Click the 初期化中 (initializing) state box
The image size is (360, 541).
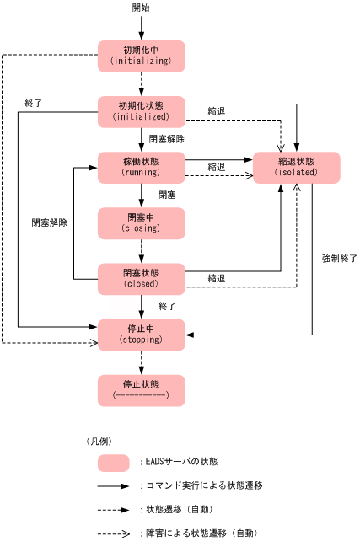pyautogui.click(x=141, y=56)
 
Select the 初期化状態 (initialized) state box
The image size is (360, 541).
pyautogui.click(x=141, y=111)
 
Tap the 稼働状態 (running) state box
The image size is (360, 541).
pyautogui.click(x=141, y=167)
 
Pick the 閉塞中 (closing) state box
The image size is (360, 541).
pyautogui.click(x=141, y=222)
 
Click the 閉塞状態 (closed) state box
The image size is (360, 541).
pyautogui.click(x=141, y=279)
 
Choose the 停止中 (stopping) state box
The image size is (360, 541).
pyautogui.click(x=141, y=335)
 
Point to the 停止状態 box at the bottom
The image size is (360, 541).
pyautogui.click(x=141, y=390)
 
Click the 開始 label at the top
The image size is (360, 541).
pyautogui.click(x=142, y=8)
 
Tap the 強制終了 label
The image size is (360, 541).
pyautogui.click(x=339, y=259)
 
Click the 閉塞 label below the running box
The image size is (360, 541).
pyautogui.click(x=167, y=195)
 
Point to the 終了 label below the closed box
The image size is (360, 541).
pyautogui.click(x=167, y=306)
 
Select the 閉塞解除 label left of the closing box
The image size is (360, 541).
pyautogui.click(x=49, y=223)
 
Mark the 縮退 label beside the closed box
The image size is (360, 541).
pyautogui.click(x=217, y=278)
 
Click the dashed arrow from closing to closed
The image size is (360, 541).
pyautogui.click(x=142, y=251)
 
